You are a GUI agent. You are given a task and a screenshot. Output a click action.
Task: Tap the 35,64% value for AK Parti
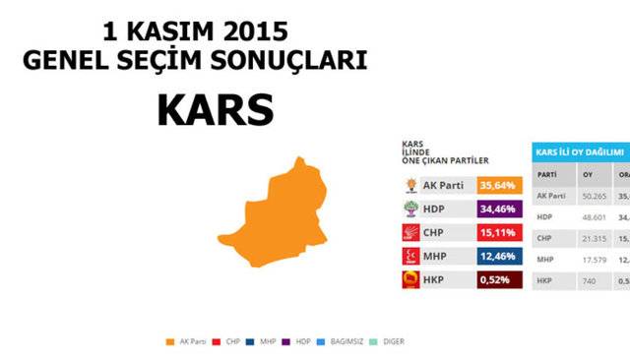point(494,184)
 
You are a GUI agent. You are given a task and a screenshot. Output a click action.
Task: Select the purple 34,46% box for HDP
point(494,209)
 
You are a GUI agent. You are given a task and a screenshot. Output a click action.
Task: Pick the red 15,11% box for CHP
point(494,233)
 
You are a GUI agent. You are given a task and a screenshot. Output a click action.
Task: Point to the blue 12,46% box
point(494,258)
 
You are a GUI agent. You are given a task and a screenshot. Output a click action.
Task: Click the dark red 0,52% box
point(494,281)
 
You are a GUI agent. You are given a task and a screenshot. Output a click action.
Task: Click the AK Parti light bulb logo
point(411,184)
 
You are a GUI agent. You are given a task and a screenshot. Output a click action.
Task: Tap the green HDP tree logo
point(411,209)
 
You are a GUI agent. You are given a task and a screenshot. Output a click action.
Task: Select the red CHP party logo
point(411,233)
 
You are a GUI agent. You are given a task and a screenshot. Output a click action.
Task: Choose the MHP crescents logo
point(411,258)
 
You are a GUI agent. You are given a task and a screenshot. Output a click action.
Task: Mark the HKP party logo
point(411,281)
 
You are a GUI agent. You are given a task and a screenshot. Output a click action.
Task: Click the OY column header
point(588,174)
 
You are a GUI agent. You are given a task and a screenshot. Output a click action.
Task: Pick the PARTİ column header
point(545,174)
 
